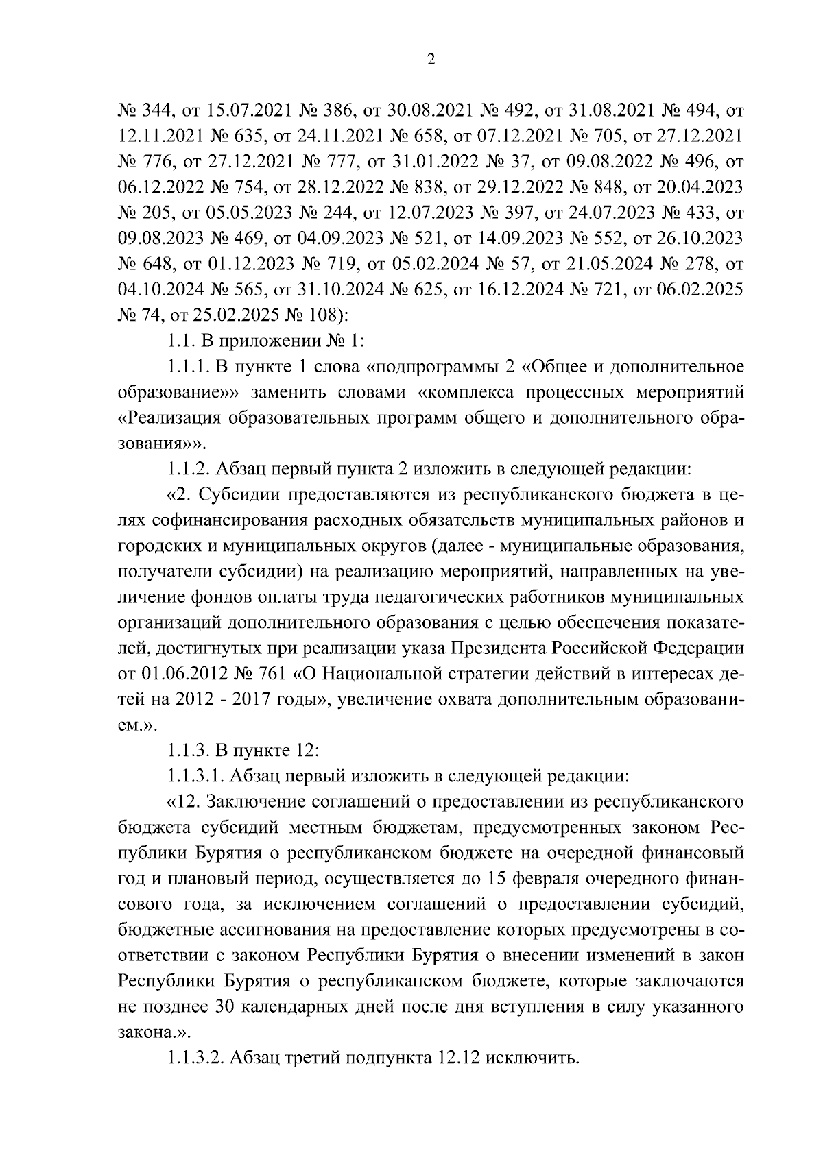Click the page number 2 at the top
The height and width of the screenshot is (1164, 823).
pos(431,60)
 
